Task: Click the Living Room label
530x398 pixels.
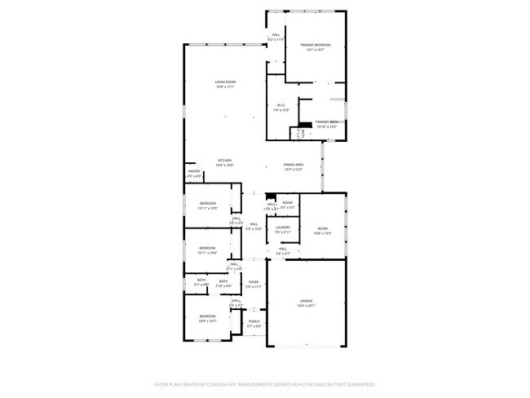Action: point(225,82)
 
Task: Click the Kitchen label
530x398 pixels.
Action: point(224,160)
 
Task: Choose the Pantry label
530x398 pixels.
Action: point(193,171)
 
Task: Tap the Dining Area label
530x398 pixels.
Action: point(294,165)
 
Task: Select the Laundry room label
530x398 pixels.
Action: point(283,228)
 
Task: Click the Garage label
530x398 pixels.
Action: point(306,301)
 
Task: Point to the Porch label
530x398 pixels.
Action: point(254,321)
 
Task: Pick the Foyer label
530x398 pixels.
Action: point(254,282)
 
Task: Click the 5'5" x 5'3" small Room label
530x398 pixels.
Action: point(288,202)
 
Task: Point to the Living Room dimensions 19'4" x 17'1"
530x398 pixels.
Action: point(225,87)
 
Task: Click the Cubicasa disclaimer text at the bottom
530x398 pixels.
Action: point(265,383)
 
